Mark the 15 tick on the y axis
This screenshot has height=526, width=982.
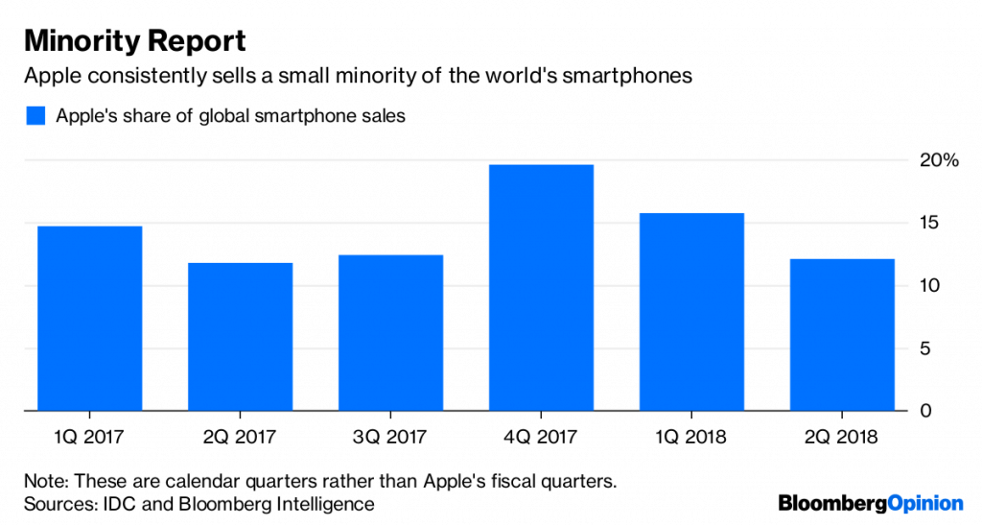point(924,223)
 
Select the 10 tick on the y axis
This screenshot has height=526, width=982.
point(924,286)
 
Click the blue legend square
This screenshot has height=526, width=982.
point(35,116)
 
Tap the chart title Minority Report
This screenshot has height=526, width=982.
point(134,41)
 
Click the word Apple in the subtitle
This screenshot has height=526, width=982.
point(52,76)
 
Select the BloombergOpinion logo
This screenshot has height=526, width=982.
point(870,502)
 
